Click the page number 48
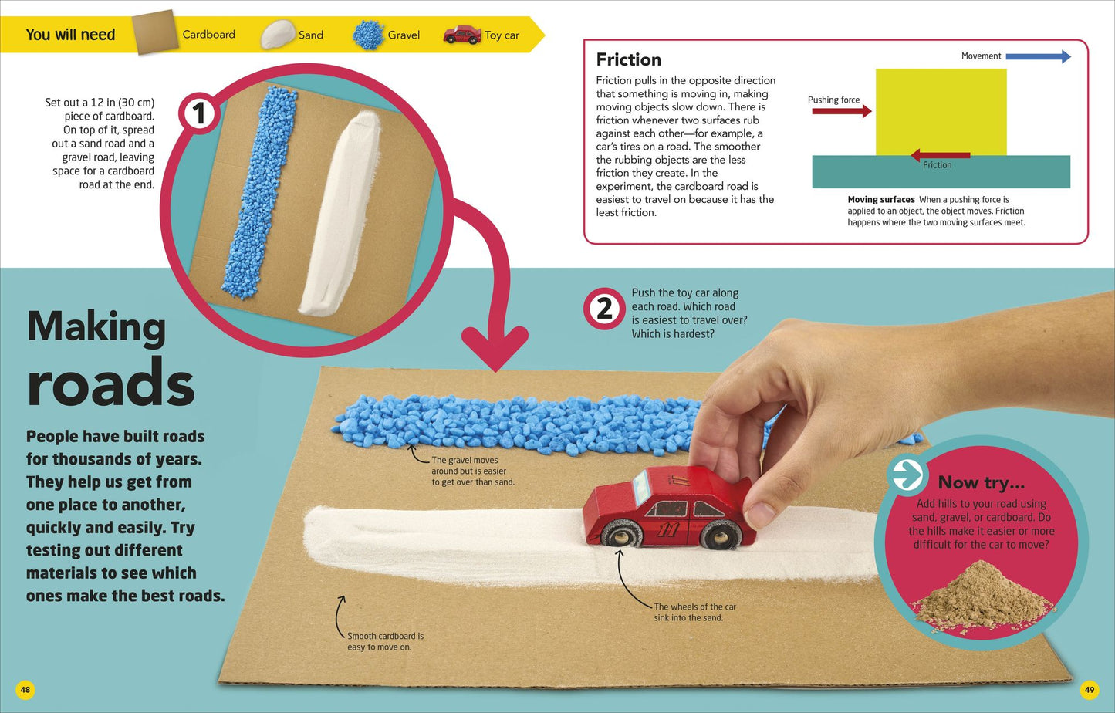click(25, 690)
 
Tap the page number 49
click(1090, 690)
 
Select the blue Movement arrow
click(1039, 56)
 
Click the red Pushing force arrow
click(842, 111)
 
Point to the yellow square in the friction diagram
click(941, 112)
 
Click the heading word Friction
click(629, 59)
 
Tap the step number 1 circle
click(199, 113)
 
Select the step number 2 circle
click(604, 309)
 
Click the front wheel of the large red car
click(620, 534)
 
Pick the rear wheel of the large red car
click(719, 534)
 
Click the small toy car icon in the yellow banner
click(462, 35)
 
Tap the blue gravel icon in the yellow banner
click(368, 35)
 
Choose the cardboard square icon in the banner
click(155, 32)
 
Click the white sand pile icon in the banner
click(278, 34)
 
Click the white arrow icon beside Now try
click(907, 474)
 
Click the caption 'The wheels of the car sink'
click(694, 612)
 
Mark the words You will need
click(70, 35)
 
